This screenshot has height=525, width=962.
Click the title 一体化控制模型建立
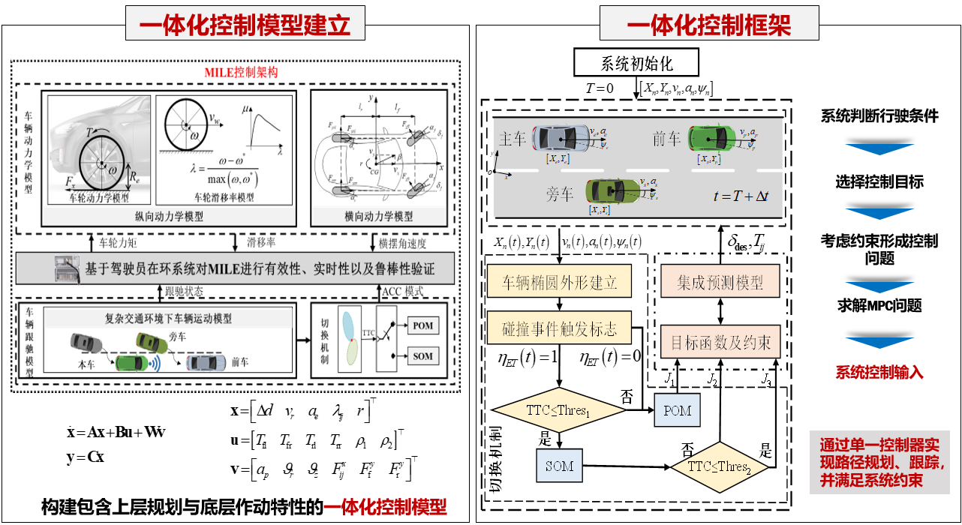coord(245,25)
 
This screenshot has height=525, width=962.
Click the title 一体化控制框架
coord(709,25)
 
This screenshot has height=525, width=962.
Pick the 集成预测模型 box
coord(720,282)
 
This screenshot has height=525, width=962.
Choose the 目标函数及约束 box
coord(720,343)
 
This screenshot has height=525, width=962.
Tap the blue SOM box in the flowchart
coord(559,466)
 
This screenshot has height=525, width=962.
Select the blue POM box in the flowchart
coord(677,411)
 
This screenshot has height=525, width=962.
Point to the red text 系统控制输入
coord(879,373)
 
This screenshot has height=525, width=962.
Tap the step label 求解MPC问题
coord(879,305)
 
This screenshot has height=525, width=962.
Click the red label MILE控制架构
coord(241,73)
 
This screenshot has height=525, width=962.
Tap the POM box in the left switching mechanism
coord(422,326)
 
